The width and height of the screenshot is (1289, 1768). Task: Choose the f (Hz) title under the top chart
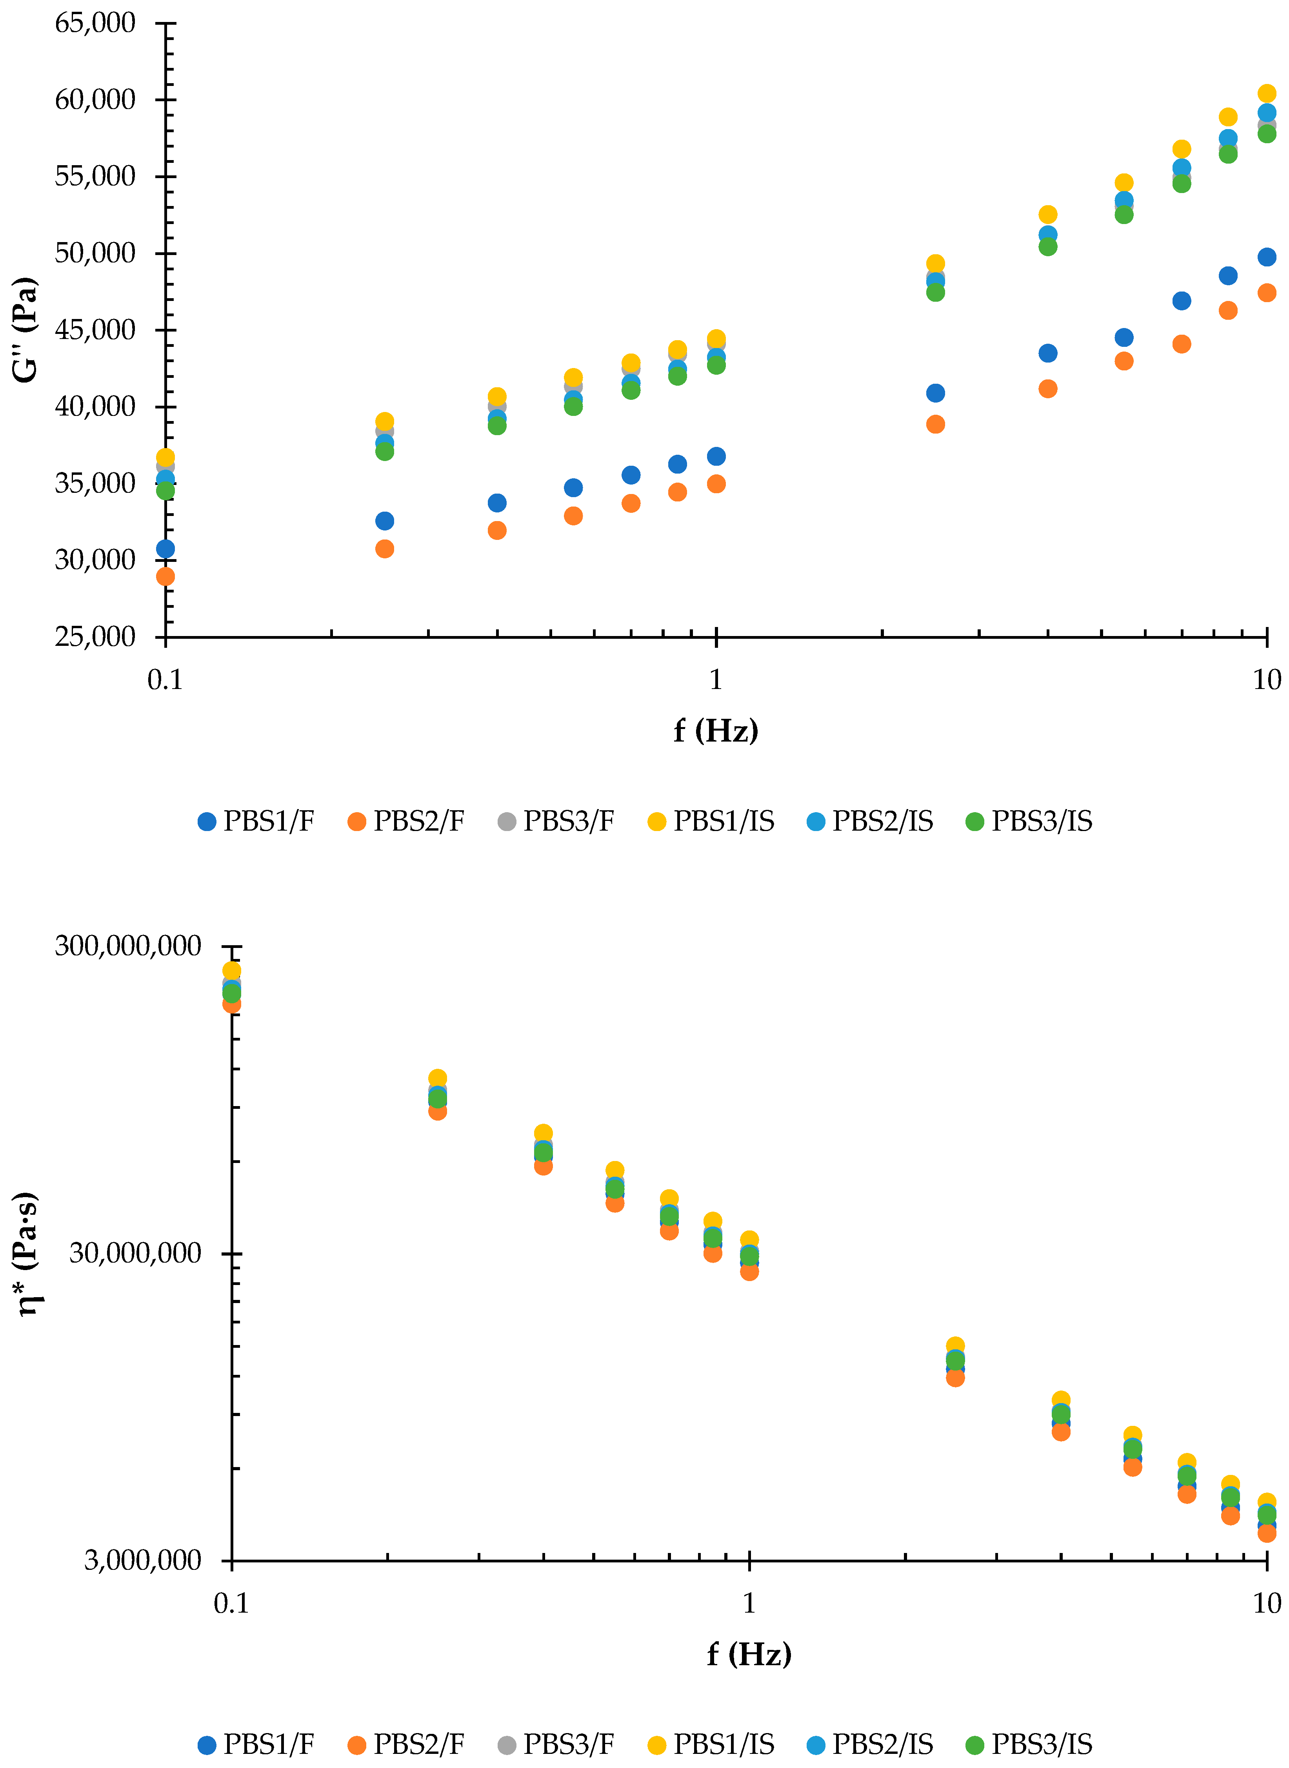pyautogui.click(x=716, y=731)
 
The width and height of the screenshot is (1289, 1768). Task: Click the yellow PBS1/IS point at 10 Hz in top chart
pyautogui.click(x=1266, y=94)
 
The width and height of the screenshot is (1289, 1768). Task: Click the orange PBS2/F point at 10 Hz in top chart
pyautogui.click(x=1266, y=293)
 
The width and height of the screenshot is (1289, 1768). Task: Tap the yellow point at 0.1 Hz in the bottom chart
pyautogui.click(x=232, y=970)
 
